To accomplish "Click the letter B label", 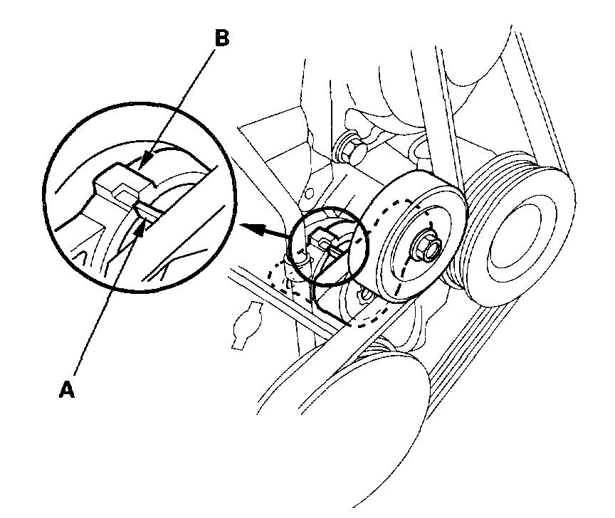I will point(221,38).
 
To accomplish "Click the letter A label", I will point(66,389).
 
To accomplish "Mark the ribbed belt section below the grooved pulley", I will point(498,356).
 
